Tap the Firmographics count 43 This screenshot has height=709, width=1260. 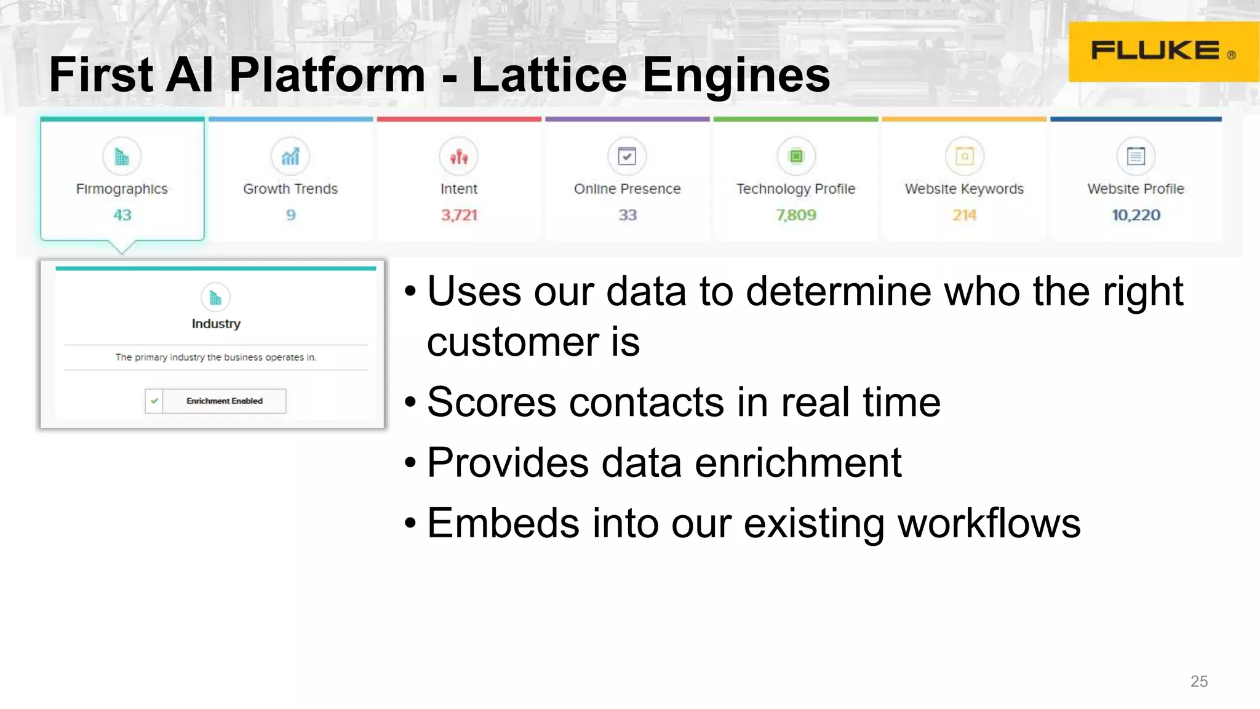tap(122, 215)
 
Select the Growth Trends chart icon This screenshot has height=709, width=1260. tap(290, 157)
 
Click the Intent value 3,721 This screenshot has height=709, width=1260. tap(459, 215)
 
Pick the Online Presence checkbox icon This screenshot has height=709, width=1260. tap(627, 156)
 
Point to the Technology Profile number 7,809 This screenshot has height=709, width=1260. tap(796, 215)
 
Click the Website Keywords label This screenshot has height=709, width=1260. tap(964, 189)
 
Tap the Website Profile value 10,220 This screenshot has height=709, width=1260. tap(1136, 215)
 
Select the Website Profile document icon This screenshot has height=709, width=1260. tap(1136, 156)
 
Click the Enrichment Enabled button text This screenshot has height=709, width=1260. tap(225, 401)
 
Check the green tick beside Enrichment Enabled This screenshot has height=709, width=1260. tap(154, 401)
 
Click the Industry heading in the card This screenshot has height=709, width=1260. tap(216, 324)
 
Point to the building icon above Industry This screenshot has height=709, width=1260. tap(215, 298)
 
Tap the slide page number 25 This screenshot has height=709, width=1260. tap(1198, 681)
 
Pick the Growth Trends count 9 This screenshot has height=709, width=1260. tap(291, 215)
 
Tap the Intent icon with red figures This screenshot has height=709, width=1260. tap(459, 157)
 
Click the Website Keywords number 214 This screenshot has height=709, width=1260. tap(964, 215)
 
